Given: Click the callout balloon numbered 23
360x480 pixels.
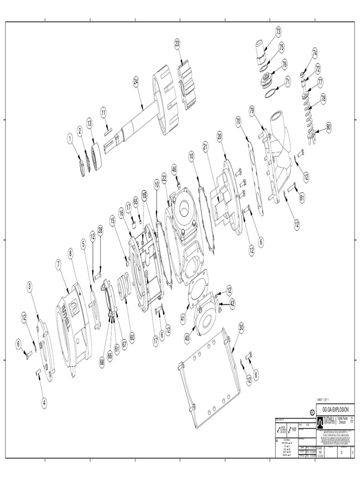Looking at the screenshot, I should pyautogui.click(x=177, y=44).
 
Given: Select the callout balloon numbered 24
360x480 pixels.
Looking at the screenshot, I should pyautogui.click(x=136, y=82).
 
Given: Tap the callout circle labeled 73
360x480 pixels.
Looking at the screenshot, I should pyautogui.click(x=278, y=32).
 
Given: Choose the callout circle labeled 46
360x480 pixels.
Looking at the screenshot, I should pyautogui.click(x=174, y=168).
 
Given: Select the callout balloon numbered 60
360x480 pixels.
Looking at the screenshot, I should pyautogui.click(x=132, y=336).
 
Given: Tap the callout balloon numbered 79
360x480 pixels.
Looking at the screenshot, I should pyautogui.click(x=252, y=110).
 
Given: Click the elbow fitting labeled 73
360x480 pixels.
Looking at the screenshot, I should pyautogui.click(x=259, y=52).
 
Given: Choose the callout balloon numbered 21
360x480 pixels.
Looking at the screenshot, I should pyautogui.click(x=205, y=147).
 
